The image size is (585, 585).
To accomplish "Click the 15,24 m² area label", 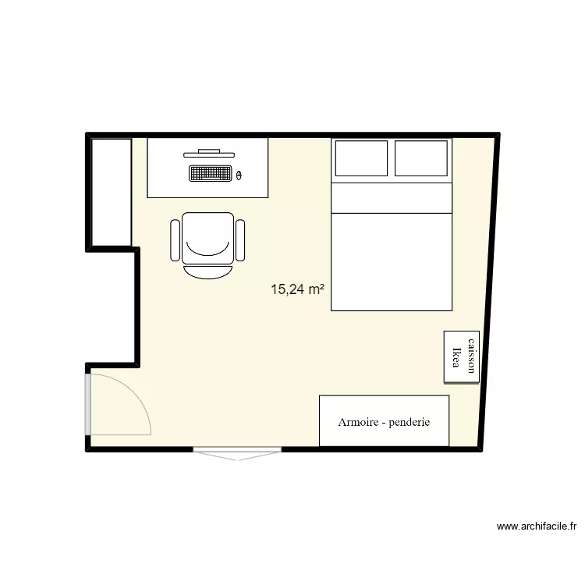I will (x=297, y=289).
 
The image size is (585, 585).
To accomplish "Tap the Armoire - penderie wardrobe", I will (x=384, y=421).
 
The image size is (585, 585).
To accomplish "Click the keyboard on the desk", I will (x=211, y=173).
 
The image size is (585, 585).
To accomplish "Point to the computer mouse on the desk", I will (x=239, y=175).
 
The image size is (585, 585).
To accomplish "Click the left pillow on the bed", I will (x=361, y=158).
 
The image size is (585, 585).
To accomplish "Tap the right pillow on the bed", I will (x=421, y=158).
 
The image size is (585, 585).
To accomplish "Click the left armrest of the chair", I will (x=175, y=240).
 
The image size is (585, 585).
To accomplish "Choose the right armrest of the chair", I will (x=240, y=240).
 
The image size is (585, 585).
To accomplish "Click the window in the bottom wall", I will (x=237, y=452).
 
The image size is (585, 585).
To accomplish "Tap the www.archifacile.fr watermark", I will (x=537, y=526).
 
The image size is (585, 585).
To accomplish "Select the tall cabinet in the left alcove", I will (x=111, y=192).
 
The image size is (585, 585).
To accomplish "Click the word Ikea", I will (x=456, y=356).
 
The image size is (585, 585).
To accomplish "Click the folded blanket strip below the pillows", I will (x=392, y=198).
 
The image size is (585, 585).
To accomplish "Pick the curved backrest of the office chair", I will (x=207, y=270).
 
